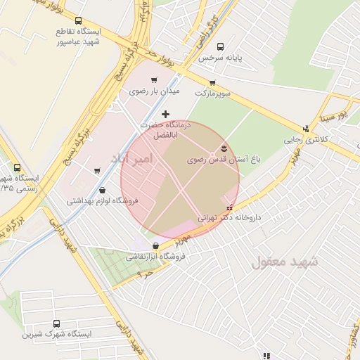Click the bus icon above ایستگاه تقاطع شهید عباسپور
[x=77, y=21]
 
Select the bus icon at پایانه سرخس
[x=221, y=46]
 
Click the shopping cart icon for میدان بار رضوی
[x=154, y=80]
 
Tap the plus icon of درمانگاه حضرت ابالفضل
[x=166, y=114]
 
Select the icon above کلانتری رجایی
[x=306, y=129]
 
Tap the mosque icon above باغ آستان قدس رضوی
[x=224, y=148]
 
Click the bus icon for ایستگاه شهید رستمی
[x=17, y=167]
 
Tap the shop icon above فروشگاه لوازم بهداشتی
[x=103, y=189]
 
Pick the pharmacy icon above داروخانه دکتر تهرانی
[x=230, y=207]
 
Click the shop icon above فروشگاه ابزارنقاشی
[x=155, y=245]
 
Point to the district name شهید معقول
[x=285, y=262]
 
